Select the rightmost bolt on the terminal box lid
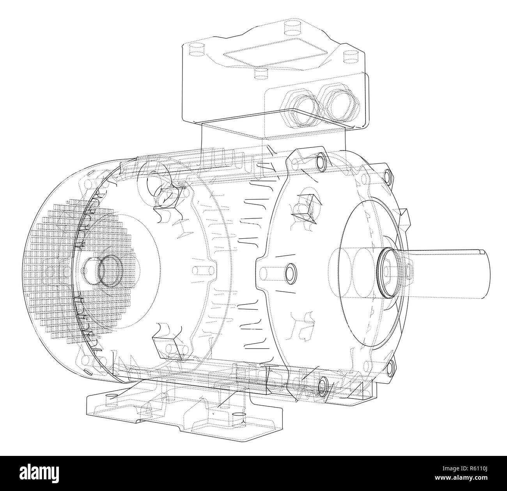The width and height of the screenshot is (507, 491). click(349, 58)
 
